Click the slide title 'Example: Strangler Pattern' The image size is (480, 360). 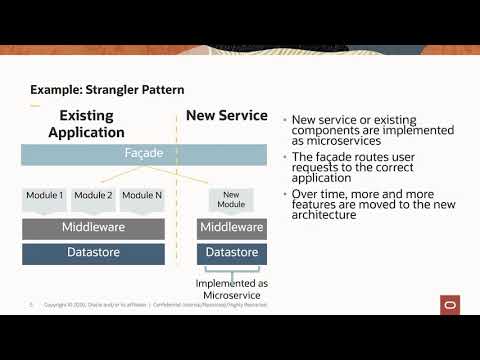point(106,90)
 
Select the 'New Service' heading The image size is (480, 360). point(227,115)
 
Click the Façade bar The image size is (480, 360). point(144,155)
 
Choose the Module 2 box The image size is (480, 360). point(93,197)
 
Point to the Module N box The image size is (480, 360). point(141,197)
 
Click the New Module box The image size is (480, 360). point(231,198)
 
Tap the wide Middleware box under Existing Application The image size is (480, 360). point(93,228)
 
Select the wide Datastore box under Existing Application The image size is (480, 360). point(93,254)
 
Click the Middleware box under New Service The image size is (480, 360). point(231,228)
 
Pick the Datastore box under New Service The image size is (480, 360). point(231,254)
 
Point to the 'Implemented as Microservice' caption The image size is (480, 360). point(231,289)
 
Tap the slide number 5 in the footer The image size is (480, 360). point(31,305)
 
